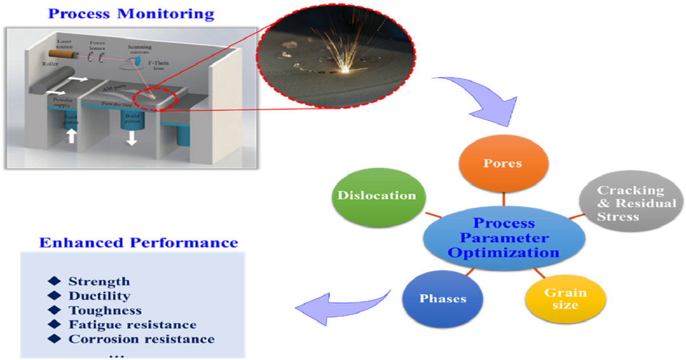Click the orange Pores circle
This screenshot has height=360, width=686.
504,164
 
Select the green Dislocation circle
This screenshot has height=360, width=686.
376,195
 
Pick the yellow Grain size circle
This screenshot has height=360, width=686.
565,298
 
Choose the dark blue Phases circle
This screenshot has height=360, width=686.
442,299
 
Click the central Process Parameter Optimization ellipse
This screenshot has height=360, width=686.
504,238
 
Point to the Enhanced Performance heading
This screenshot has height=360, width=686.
138,242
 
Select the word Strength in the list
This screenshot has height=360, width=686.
99,281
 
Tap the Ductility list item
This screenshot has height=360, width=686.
99,296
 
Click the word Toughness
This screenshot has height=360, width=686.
105,310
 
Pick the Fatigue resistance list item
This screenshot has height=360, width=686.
132,325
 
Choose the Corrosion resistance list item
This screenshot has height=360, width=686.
141,339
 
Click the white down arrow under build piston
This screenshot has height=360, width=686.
131,138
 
